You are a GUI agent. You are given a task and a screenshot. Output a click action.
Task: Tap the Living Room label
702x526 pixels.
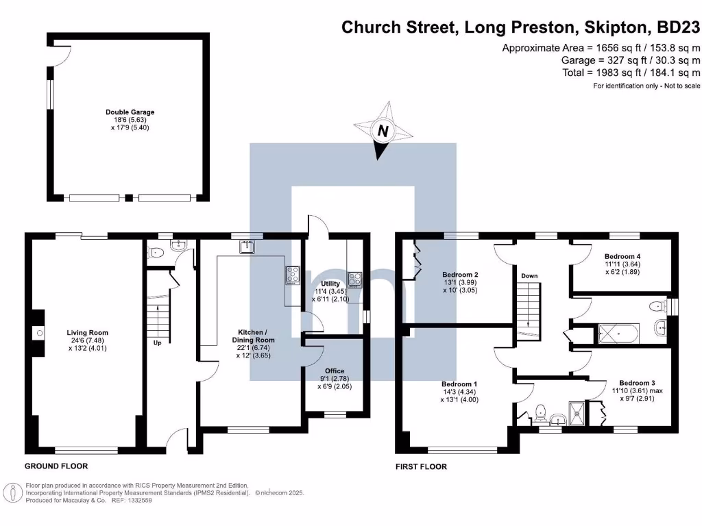[x=88, y=333]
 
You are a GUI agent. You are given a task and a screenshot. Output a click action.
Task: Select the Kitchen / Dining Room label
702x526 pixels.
[x=252, y=336]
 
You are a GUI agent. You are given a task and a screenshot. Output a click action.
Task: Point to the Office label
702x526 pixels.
[x=335, y=371]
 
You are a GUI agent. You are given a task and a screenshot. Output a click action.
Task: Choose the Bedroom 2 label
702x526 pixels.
[x=460, y=275]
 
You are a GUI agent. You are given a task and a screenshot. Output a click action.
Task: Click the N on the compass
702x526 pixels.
[x=383, y=131]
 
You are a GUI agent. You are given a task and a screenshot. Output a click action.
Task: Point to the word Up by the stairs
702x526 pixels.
[x=158, y=342]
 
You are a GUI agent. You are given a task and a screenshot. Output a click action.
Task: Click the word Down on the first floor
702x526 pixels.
[x=529, y=276]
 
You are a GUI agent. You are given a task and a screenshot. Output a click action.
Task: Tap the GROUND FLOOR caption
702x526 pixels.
[x=56, y=466]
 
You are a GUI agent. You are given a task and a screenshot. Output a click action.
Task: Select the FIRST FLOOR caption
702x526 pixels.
[x=421, y=467]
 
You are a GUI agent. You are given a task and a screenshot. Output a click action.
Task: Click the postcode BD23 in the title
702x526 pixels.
[x=678, y=27]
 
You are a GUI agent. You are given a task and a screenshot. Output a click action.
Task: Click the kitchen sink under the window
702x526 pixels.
[x=247, y=248]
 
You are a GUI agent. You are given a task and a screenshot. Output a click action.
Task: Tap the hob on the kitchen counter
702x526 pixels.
[x=293, y=275]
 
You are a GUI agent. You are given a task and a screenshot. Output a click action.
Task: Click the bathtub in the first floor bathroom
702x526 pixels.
[x=619, y=334]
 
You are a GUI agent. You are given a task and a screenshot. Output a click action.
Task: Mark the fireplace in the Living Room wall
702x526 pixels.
[x=39, y=334]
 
